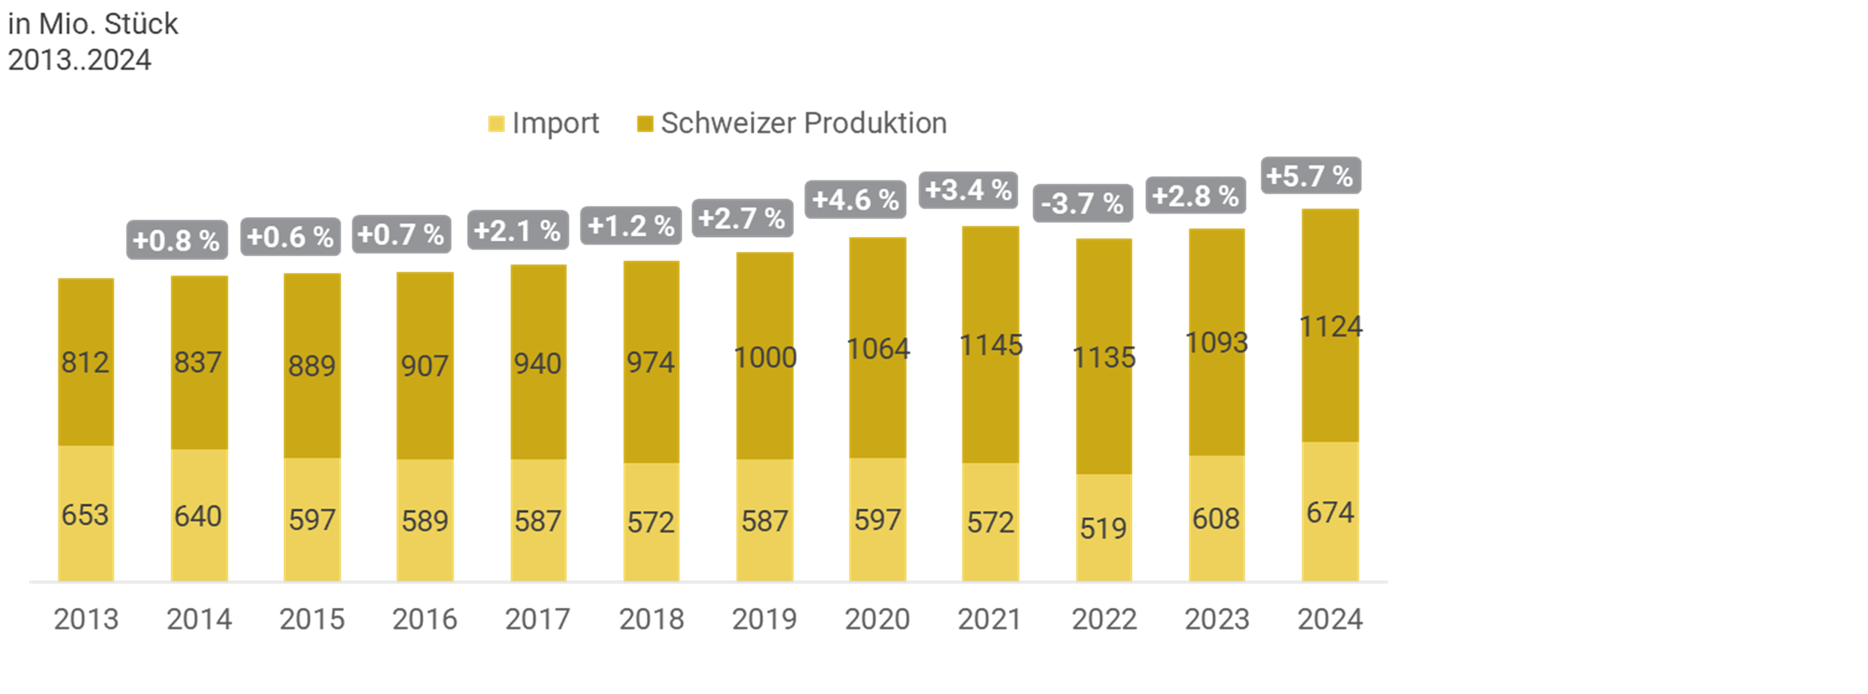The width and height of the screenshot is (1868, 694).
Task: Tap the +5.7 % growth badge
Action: (1310, 176)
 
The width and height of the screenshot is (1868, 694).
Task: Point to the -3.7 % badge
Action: (1082, 203)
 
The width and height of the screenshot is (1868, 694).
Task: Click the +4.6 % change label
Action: (856, 200)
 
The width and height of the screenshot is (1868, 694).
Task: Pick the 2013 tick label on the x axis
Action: (86, 619)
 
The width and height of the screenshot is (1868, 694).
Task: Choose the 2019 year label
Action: (765, 619)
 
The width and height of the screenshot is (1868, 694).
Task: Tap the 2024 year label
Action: (1330, 619)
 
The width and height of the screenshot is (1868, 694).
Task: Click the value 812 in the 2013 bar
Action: (85, 362)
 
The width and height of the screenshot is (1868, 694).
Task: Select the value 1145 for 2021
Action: (990, 345)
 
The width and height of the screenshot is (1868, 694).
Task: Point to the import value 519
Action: (1103, 528)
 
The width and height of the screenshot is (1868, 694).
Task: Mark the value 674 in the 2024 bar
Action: (1330, 513)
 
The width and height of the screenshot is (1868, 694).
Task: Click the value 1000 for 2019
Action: (765, 357)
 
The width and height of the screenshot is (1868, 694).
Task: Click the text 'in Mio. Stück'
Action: (93, 24)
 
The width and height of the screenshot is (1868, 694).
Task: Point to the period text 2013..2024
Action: (80, 59)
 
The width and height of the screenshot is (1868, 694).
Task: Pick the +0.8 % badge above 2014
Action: (177, 240)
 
